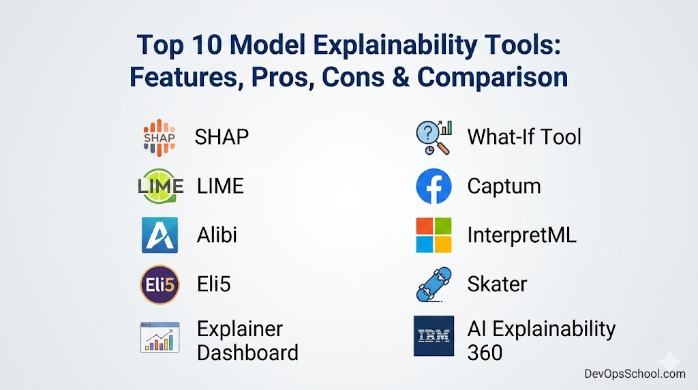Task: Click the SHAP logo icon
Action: (160, 138)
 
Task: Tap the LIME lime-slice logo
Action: (160, 185)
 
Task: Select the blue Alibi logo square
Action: (160, 235)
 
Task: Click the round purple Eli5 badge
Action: (160, 284)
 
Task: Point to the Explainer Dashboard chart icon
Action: (160, 337)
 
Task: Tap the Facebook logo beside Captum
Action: (434, 186)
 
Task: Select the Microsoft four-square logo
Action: (434, 235)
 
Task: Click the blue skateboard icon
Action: (434, 284)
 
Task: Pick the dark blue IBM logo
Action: (434, 336)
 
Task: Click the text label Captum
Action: (504, 187)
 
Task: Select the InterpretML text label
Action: (521, 235)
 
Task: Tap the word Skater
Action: (497, 284)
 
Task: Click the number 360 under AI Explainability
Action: (485, 352)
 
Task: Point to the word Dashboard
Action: (247, 352)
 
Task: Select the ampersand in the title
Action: (401, 76)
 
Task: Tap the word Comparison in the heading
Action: (492, 78)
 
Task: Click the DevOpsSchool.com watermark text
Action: (635, 374)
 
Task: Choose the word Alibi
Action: (217, 235)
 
